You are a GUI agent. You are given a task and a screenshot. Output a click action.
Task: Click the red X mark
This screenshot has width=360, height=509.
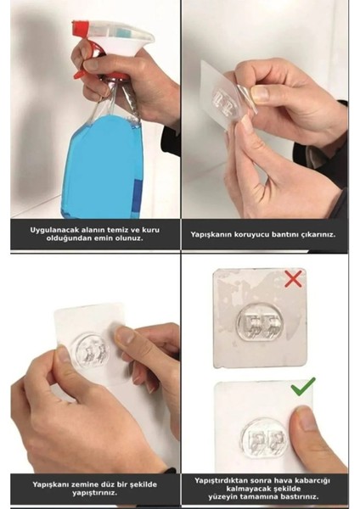coord(293,278)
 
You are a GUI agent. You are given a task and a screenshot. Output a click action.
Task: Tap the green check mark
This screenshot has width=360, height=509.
coord(301,386)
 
